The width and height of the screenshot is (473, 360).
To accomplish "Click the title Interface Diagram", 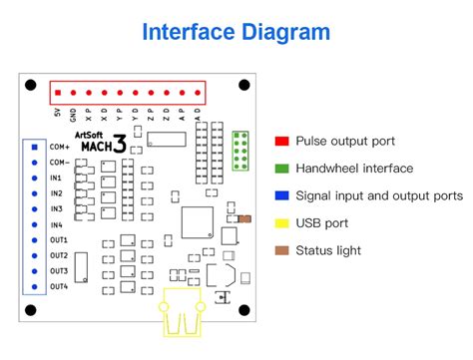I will coord(236,32).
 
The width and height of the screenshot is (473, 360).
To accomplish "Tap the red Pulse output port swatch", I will coord(281,142).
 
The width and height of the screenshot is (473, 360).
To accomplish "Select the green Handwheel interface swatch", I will coord(281,169).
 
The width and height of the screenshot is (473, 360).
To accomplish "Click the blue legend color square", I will coord(281,195).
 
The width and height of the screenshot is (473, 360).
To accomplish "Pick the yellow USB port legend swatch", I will coord(281,223).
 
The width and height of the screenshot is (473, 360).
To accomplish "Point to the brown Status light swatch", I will coord(281,250).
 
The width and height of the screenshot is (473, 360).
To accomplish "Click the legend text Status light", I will coord(328,250).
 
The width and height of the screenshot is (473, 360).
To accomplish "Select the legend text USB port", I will coord(322,223).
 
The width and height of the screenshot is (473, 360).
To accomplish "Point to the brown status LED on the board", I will coord(245,217).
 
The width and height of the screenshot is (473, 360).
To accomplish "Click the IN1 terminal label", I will coord(57,177).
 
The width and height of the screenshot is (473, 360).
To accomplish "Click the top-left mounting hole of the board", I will coord(32,86).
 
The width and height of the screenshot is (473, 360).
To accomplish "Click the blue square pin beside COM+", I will coord(35,147).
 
